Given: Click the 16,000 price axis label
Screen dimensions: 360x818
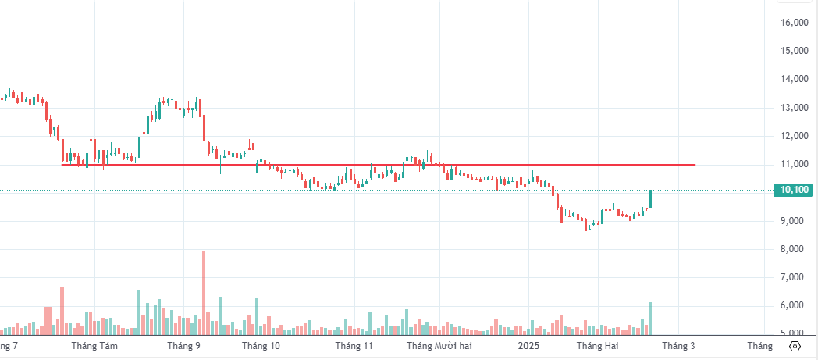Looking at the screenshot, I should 794,23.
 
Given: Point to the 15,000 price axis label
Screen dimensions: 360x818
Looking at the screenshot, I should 794,51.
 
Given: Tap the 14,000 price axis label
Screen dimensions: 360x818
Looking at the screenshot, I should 794,79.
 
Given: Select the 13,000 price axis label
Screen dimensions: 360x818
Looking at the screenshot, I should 794,108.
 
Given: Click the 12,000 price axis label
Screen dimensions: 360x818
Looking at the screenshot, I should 794,136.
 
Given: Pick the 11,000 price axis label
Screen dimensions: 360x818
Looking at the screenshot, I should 794,164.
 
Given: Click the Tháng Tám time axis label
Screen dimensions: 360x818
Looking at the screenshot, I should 94,345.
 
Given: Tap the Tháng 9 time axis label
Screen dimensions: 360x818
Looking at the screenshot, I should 184,345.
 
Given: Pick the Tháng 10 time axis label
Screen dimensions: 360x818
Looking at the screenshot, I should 261,345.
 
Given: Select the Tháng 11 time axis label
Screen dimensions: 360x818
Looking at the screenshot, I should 354,345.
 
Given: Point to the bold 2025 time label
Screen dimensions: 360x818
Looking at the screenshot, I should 529,345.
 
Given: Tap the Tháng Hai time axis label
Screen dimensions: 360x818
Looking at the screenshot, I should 597,345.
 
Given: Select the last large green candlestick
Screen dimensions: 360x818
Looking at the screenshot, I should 649,198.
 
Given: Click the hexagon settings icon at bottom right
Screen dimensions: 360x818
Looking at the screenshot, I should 795,346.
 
